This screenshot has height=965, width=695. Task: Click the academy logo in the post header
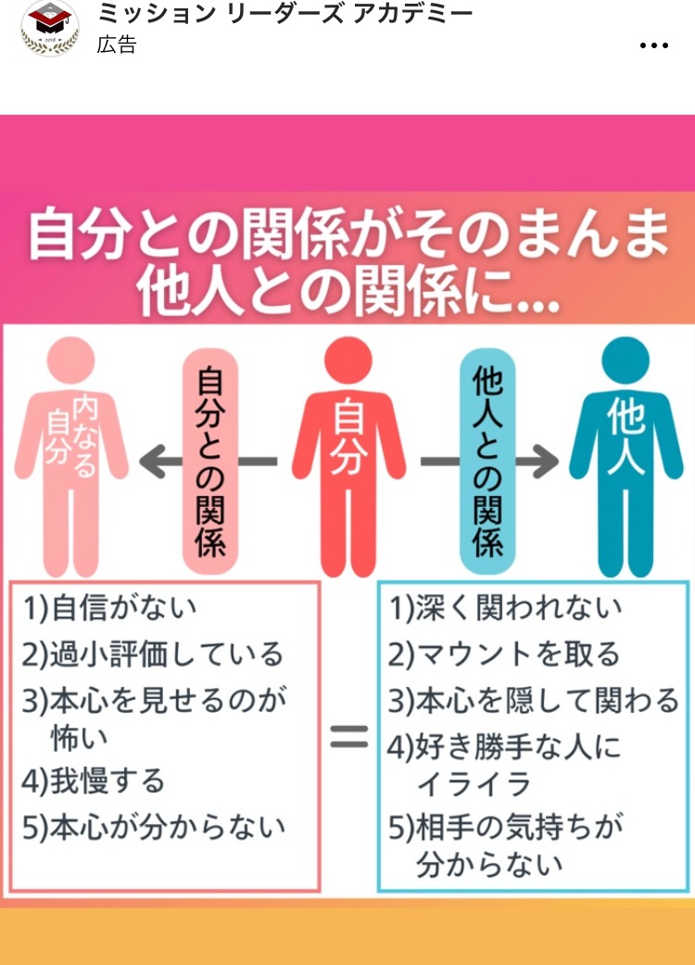(x=50, y=29)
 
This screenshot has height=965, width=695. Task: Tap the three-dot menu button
(x=654, y=44)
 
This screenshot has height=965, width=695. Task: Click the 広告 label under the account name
(x=116, y=44)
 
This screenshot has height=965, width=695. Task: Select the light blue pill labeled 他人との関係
(x=487, y=460)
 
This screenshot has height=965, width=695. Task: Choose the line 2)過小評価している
(x=153, y=654)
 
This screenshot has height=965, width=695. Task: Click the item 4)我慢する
(x=94, y=781)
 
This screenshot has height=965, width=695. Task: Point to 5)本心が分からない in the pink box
(x=154, y=826)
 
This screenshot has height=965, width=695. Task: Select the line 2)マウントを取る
(x=504, y=654)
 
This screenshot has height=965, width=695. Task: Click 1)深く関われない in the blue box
(x=506, y=608)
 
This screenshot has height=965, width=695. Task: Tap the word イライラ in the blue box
(x=474, y=784)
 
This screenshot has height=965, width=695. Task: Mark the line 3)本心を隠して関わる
(x=534, y=701)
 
